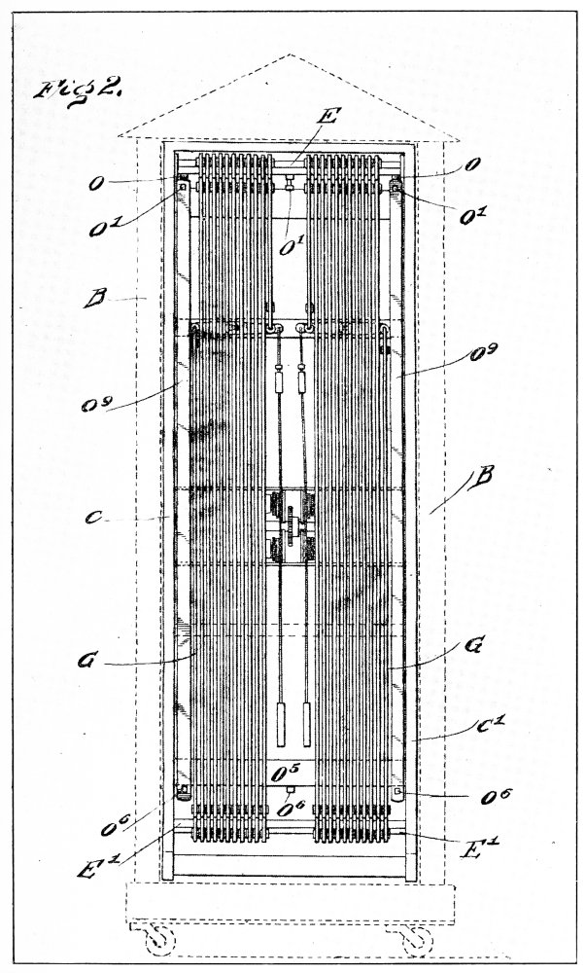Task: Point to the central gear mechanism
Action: [x=289, y=525]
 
